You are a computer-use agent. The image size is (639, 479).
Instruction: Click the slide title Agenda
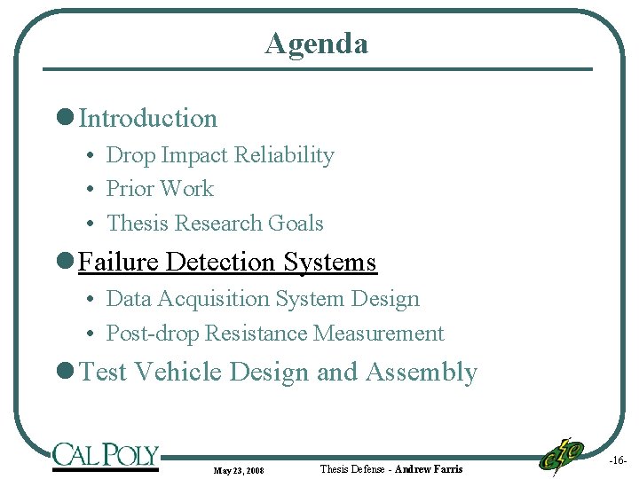click(316, 43)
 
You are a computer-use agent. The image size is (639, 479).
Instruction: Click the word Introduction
click(148, 118)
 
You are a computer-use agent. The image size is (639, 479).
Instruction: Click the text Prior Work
click(160, 189)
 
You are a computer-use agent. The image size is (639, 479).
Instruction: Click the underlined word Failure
click(118, 263)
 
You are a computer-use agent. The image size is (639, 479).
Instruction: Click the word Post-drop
click(152, 334)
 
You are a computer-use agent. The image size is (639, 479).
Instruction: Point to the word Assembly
click(422, 372)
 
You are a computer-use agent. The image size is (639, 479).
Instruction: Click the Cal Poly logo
click(105, 456)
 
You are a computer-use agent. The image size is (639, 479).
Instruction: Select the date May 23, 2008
click(239, 469)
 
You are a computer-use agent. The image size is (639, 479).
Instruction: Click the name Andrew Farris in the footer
click(429, 468)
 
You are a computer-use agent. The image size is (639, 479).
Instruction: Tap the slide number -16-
click(618, 461)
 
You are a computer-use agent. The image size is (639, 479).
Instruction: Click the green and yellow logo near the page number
click(562, 455)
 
